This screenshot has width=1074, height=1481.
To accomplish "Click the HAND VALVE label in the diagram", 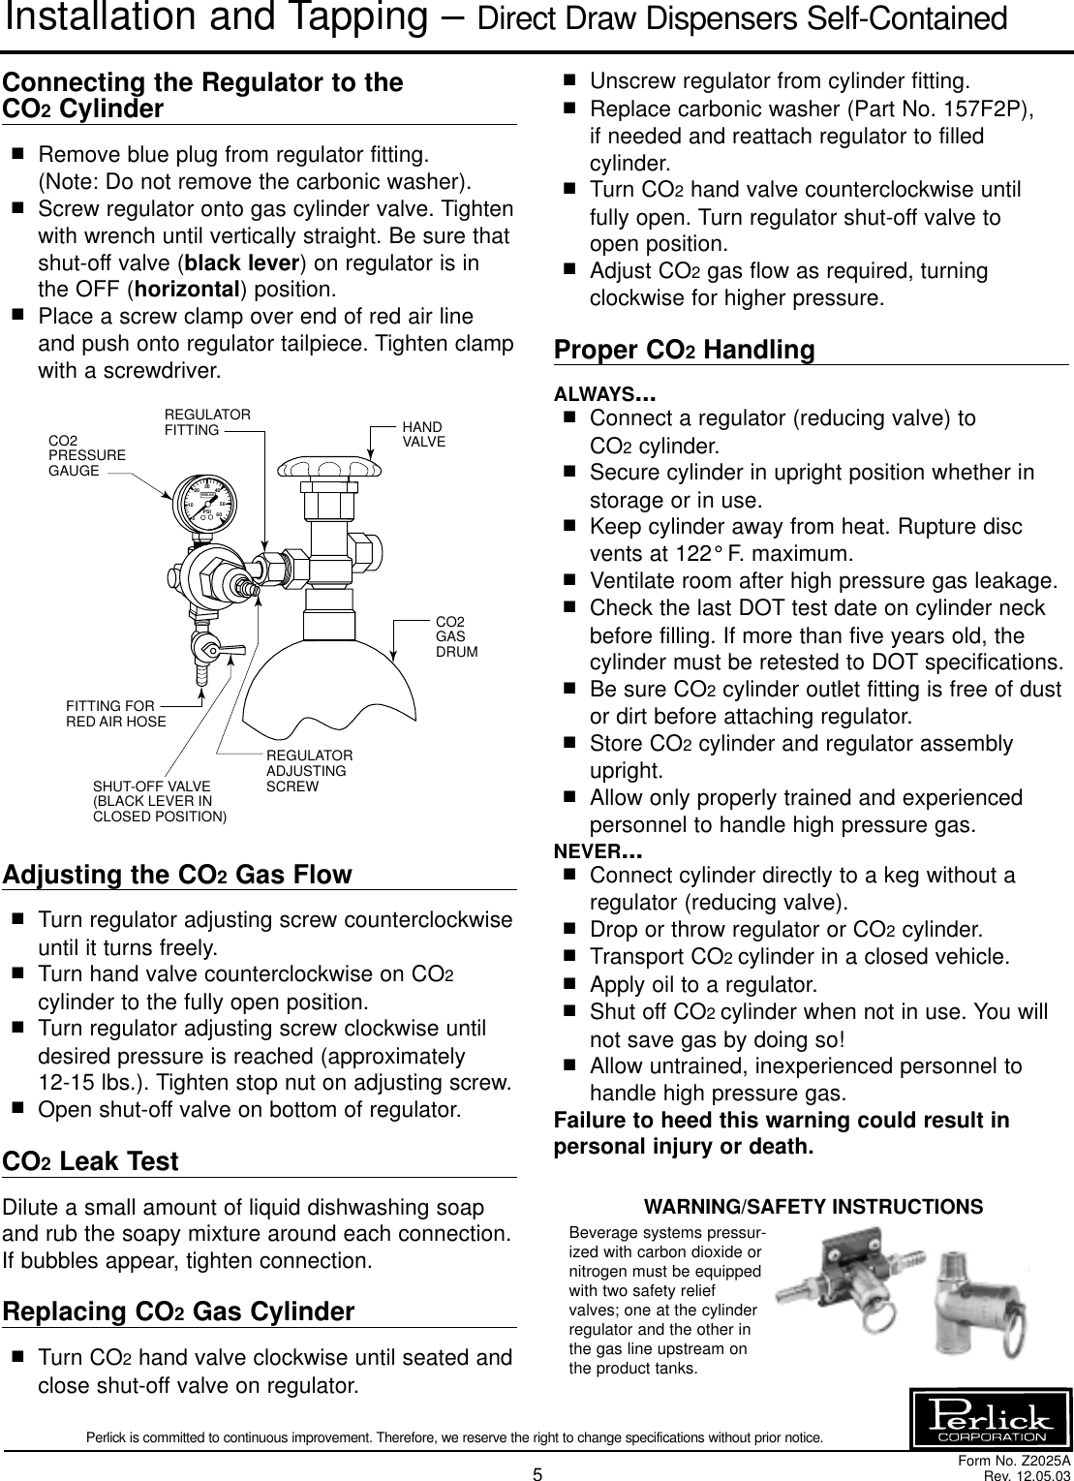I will click(423, 434).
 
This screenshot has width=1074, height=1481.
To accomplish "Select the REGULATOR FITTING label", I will click(207, 421).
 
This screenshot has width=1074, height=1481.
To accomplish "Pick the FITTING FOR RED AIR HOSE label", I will click(115, 714).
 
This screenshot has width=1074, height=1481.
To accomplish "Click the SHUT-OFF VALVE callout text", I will click(159, 801).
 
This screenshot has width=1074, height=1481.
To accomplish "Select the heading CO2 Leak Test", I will click(92, 1161).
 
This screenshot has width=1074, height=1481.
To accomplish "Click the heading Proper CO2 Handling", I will click(684, 350).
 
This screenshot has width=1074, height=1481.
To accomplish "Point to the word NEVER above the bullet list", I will click(598, 851).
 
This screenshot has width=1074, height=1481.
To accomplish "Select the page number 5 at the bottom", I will click(537, 1473).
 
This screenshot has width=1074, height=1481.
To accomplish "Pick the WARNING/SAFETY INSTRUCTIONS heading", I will click(813, 1207).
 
